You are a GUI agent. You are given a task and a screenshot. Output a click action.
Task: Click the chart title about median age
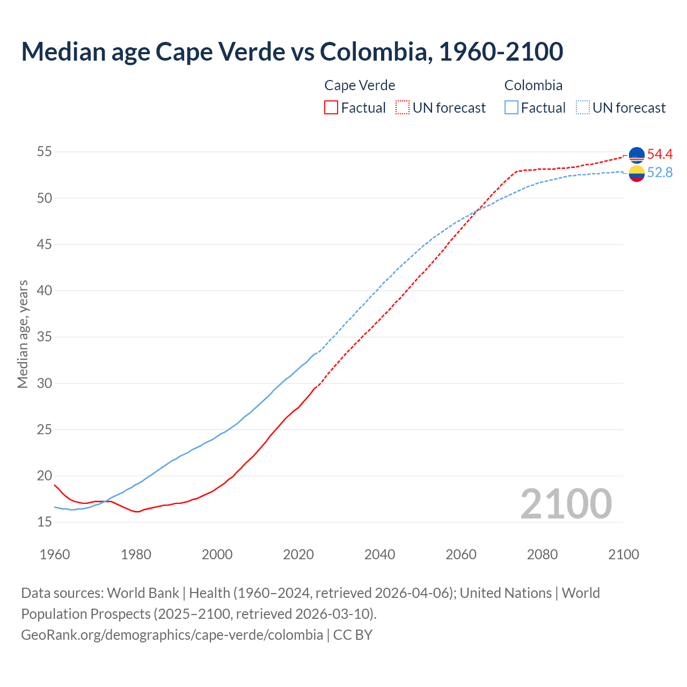click(292, 52)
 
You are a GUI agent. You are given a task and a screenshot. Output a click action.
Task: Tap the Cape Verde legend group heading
click(360, 85)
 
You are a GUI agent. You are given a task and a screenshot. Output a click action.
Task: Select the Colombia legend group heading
click(533, 85)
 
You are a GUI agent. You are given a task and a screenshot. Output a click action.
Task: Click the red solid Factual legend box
click(331, 108)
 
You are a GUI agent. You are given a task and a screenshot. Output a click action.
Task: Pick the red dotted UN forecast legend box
click(403, 108)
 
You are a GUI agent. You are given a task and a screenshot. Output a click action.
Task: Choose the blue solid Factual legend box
click(511, 108)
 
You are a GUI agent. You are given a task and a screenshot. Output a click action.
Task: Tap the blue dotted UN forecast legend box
click(583, 108)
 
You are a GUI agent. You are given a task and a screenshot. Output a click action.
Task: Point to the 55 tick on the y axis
click(44, 152)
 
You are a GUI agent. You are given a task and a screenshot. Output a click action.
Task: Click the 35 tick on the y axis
click(44, 337)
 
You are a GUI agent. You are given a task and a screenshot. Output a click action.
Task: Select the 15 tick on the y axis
click(44, 522)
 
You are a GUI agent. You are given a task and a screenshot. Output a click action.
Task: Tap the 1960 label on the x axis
click(55, 554)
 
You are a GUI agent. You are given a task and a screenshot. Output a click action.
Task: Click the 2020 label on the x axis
click(298, 554)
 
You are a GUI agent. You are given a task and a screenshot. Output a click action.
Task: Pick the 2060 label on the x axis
click(461, 554)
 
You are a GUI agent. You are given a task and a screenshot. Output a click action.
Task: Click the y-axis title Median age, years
click(23, 334)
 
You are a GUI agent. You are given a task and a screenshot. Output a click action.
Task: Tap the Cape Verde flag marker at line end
click(637, 155)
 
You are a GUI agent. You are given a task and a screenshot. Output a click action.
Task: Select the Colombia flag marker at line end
click(637, 173)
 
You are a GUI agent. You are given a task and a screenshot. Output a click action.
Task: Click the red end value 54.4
click(660, 155)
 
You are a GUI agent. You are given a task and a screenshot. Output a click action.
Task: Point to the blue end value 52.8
click(660, 173)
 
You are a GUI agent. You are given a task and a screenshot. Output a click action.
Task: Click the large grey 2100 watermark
click(566, 503)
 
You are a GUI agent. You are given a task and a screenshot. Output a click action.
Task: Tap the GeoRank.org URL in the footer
click(172, 635)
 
